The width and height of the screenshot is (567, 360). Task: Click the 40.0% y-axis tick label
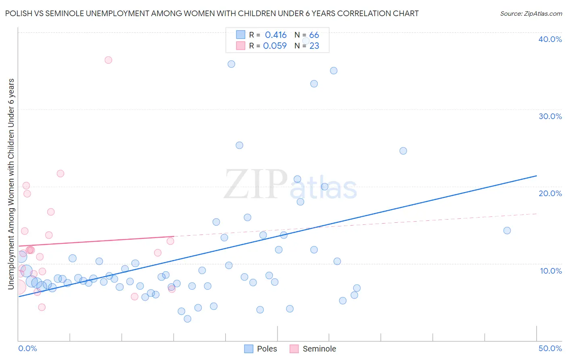[550, 39]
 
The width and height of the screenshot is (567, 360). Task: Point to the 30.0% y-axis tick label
[550, 116]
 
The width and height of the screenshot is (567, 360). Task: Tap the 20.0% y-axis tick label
[550, 193]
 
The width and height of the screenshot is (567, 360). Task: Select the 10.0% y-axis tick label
[550, 271]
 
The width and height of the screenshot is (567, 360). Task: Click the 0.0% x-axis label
[27, 348]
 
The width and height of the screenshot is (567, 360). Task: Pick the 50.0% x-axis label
[550, 348]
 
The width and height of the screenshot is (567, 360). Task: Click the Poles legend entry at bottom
[261, 349]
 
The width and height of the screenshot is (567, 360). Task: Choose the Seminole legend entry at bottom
[313, 349]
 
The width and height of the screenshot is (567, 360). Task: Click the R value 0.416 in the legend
[275, 35]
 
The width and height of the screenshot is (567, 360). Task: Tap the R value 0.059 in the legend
[275, 46]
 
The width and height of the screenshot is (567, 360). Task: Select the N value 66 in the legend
[314, 35]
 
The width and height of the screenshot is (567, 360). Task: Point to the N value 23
[314, 46]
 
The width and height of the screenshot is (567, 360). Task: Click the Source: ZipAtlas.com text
[531, 14]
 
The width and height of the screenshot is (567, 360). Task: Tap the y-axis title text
[11, 184]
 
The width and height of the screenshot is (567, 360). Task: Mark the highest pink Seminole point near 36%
[108, 60]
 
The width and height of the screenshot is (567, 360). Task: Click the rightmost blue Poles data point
[507, 230]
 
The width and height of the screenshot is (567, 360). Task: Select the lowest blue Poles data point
[187, 319]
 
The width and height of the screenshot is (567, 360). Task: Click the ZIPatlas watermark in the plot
[290, 184]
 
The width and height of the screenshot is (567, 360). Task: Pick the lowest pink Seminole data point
[42, 307]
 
